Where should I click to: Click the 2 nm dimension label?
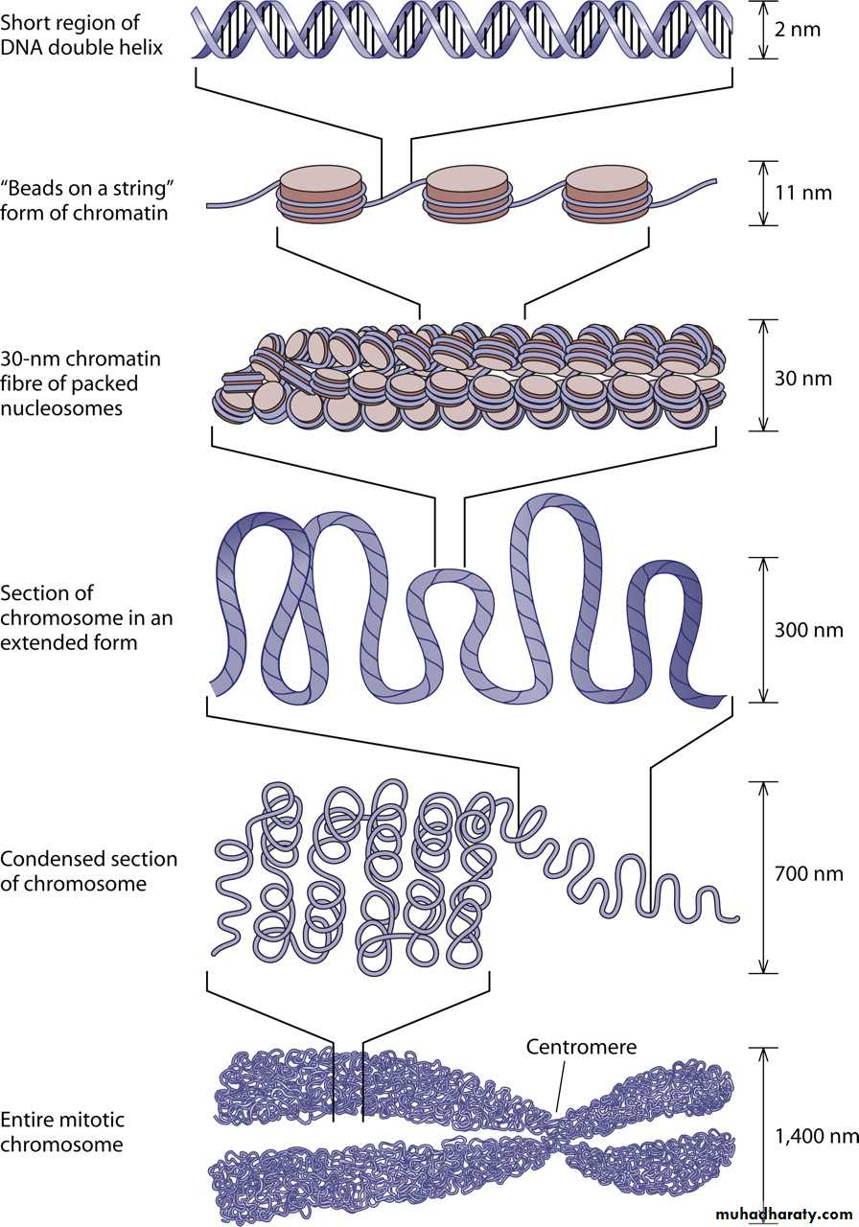tap(797, 29)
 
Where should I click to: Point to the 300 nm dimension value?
tap(808, 630)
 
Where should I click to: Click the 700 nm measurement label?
tap(808, 873)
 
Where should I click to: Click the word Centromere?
tap(580, 1047)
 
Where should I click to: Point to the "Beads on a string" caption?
tap(84, 200)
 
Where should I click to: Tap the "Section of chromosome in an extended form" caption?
tap(86, 617)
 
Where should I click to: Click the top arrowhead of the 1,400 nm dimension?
tap(763, 1053)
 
